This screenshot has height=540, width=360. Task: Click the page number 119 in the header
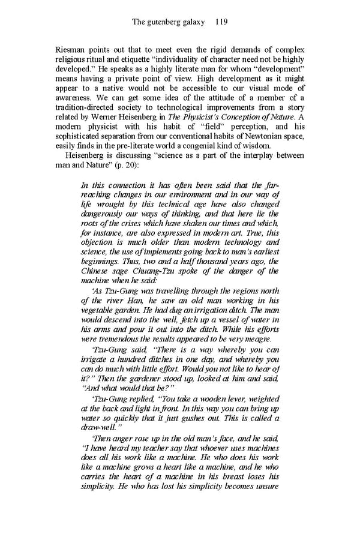(x=220, y=22)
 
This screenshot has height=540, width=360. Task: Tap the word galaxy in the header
(x=191, y=22)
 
